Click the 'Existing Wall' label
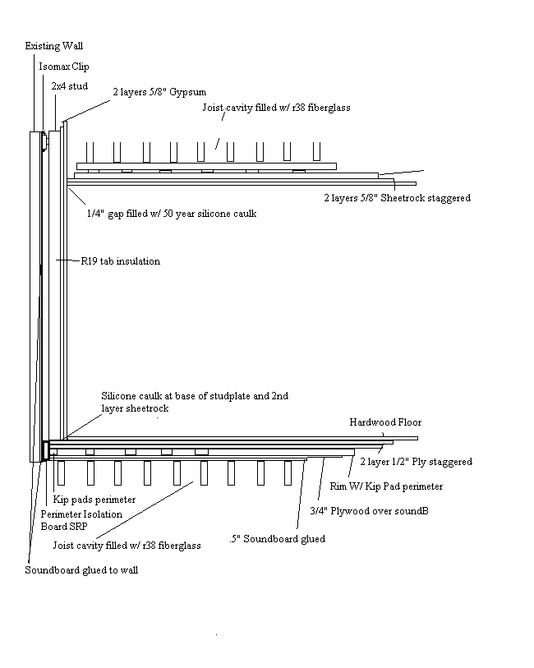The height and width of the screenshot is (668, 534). click(x=53, y=46)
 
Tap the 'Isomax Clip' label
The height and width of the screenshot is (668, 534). click(x=64, y=67)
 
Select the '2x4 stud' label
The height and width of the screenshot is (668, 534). click(x=69, y=86)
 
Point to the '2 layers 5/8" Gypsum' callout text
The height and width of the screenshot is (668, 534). click(x=159, y=92)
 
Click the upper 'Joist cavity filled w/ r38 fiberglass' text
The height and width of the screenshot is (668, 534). click(x=276, y=108)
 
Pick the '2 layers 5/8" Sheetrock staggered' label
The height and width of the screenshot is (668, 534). click(x=398, y=198)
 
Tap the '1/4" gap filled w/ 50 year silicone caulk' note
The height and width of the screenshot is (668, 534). click(x=172, y=214)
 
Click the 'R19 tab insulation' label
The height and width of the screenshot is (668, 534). click(x=121, y=261)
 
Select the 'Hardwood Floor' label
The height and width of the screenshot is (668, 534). click(x=385, y=422)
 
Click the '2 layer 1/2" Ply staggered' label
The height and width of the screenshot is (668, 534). click(x=416, y=462)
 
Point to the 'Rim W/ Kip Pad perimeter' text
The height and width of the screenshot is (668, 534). click(x=386, y=486)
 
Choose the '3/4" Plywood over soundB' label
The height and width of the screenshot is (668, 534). click(x=369, y=511)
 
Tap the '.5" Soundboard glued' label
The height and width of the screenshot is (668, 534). click(x=277, y=539)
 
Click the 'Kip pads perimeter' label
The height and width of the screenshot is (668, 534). click(x=94, y=500)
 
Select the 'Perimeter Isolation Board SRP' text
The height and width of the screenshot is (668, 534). click(x=81, y=520)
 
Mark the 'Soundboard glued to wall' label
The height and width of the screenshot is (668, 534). click(x=81, y=570)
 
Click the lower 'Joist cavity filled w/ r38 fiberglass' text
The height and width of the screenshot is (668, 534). click(x=127, y=546)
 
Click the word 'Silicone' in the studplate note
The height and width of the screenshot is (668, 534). click(x=118, y=396)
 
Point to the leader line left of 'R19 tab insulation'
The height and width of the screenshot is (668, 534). click(x=68, y=260)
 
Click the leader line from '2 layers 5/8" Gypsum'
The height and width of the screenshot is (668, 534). click(x=88, y=110)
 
